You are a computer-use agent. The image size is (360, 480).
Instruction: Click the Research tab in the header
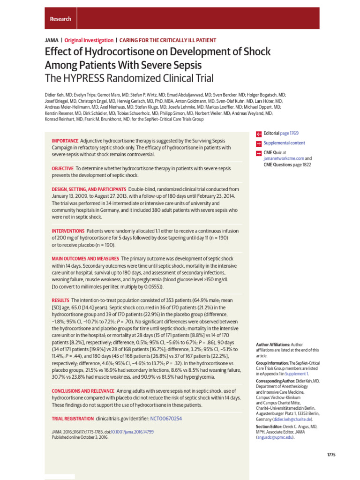(60, 19)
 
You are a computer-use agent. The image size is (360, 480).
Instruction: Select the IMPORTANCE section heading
(65, 141)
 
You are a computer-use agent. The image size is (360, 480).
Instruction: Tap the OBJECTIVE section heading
(62, 168)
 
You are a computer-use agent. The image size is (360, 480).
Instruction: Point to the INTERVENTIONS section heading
(68, 231)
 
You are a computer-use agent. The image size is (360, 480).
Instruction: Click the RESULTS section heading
(60, 300)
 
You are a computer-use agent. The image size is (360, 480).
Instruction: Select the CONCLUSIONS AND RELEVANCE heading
(82, 391)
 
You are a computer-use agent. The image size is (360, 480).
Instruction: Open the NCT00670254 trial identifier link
(166, 418)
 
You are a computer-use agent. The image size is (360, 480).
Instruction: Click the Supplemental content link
(284, 143)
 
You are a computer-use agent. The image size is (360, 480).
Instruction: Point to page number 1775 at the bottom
(331, 455)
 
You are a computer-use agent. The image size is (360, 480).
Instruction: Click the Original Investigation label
(89, 41)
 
